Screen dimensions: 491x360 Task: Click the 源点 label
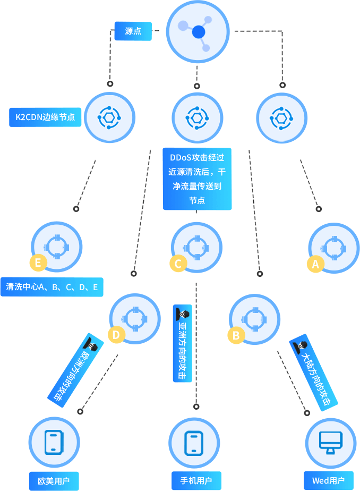[133, 31]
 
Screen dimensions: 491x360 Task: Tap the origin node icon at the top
[198, 32]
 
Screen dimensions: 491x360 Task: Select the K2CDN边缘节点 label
[45, 117]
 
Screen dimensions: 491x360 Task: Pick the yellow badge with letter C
[178, 263]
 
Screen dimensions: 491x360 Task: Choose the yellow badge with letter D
[116, 334]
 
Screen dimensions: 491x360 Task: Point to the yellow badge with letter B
[236, 335]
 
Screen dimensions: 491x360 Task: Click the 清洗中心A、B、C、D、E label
[52, 287]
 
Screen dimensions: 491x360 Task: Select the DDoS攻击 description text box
[197, 179]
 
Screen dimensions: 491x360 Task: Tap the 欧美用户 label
[54, 481]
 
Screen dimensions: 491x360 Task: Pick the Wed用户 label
[328, 480]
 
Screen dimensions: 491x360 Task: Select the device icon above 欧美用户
[54, 442]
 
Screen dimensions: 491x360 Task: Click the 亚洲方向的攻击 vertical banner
[182, 343]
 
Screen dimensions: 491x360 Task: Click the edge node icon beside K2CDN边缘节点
[110, 117]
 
